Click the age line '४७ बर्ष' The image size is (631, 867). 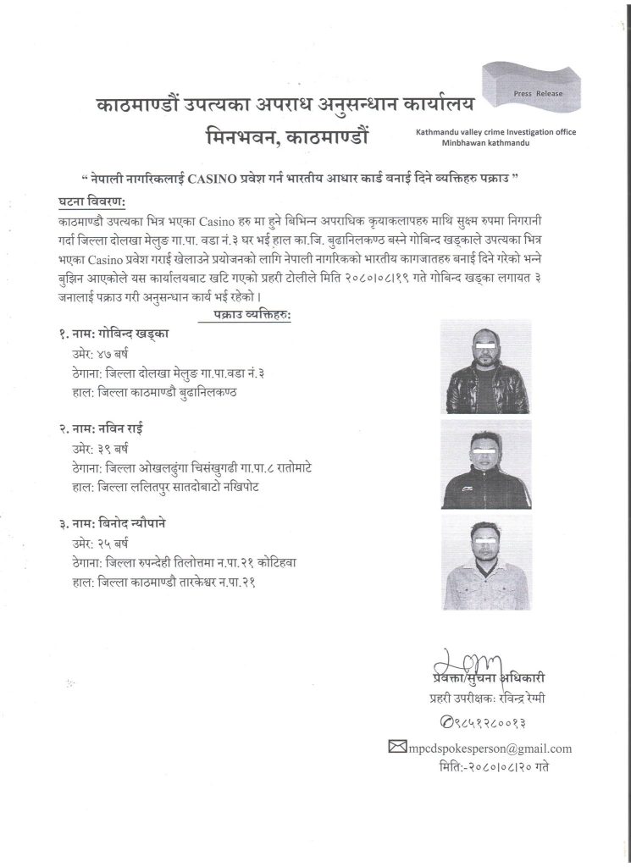pyautogui.click(x=94, y=354)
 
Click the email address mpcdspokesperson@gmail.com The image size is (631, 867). pyautogui.click(x=490, y=748)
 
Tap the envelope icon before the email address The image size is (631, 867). pyautogui.click(x=397, y=747)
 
